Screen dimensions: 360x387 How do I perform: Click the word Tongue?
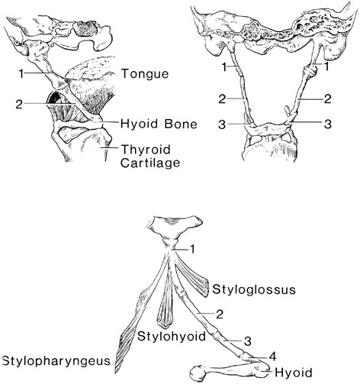[145, 74]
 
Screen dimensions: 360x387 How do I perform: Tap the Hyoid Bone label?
[159, 124]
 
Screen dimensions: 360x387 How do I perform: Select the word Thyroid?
[146, 150]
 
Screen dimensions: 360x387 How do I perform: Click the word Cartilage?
[150, 163]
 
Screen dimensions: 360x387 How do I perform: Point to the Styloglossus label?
[254, 289]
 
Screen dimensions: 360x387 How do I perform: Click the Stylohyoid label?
[172, 337]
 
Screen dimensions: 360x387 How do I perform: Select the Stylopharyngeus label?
[56, 361]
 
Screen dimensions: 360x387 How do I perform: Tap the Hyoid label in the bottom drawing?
[294, 372]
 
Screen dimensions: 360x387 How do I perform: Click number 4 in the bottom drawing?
[272, 356]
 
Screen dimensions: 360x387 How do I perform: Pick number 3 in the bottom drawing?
[248, 341]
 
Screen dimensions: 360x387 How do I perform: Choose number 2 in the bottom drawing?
[220, 314]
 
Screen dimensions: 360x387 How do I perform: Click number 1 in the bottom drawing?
[192, 250]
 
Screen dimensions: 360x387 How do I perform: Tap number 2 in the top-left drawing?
[19, 105]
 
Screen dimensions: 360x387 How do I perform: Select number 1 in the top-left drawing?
[21, 74]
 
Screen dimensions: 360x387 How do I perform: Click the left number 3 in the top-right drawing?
[222, 124]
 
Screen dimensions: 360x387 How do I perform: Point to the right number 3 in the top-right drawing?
[328, 124]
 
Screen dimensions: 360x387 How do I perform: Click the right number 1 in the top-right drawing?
[326, 66]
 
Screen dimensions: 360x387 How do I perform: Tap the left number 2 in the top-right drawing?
[222, 99]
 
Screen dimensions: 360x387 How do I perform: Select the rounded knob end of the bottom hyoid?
[197, 373]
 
